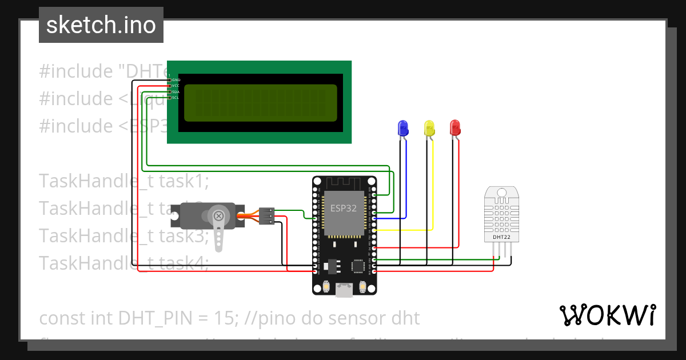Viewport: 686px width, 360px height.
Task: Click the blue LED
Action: point(402,127)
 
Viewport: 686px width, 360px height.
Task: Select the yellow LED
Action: point(429,127)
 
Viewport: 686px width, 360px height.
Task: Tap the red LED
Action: point(455,127)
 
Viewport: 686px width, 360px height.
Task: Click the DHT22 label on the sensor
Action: point(501,237)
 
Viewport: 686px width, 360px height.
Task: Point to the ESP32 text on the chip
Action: point(343,208)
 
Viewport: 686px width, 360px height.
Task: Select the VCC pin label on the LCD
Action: point(176,86)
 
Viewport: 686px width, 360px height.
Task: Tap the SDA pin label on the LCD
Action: point(176,91)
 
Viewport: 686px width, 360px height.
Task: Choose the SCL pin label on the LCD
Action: point(176,97)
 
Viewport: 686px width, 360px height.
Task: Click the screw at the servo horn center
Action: point(218,216)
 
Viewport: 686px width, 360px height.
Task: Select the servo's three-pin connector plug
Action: point(266,215)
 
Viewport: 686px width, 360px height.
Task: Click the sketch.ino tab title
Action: point(101,25)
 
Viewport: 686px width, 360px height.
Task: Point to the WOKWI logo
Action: point(607,315)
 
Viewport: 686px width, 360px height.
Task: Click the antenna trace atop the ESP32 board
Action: point(344,184)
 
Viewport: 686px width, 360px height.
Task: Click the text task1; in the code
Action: point(184,181)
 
